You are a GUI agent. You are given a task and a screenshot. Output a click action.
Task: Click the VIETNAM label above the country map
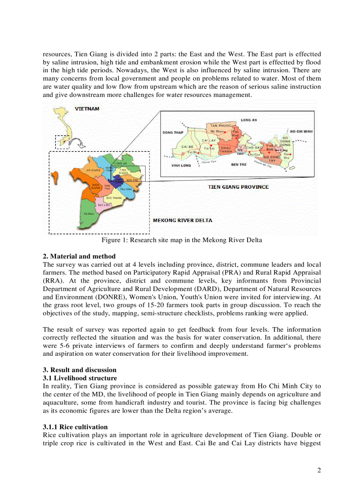87,108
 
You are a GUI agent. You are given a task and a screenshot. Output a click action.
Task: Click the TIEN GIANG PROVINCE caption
238,187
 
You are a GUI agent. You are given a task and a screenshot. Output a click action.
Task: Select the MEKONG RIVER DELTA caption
182,220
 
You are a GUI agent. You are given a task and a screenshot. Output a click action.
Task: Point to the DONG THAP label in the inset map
173,132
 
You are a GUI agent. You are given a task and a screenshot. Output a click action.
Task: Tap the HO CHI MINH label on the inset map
301,131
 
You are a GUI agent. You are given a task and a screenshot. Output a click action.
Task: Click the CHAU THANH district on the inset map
226,149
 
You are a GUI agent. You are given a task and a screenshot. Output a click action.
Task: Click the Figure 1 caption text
182,240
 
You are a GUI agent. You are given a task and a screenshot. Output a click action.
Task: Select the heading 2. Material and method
79,257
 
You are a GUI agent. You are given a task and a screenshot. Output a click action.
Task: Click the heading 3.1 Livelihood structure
80,378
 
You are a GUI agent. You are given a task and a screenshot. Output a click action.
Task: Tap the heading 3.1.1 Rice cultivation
75,427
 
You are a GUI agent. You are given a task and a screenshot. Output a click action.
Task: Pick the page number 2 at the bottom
319,470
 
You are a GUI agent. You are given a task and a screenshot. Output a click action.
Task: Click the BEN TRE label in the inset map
239,164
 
